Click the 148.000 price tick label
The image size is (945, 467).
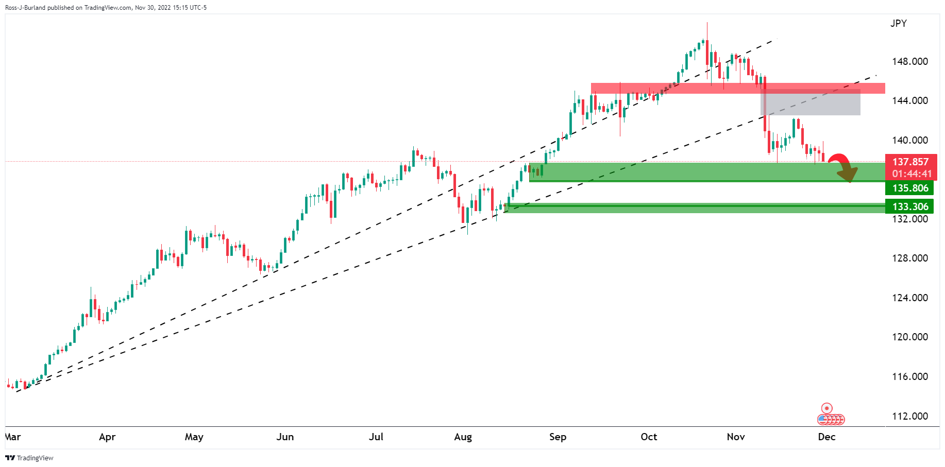point(909,61)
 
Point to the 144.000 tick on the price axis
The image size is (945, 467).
point(909,100)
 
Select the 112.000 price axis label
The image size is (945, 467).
point(909,416)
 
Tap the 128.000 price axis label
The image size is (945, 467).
point(909,258)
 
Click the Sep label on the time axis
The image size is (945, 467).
point(558,437)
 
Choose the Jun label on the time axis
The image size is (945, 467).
point(285,437)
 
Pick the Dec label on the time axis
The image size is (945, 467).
point(826,437)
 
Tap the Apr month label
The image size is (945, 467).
point(107,437)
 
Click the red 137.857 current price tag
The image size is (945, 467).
point(910,162)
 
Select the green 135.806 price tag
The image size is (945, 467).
point(910,188)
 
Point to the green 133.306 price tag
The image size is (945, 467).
point(910,206)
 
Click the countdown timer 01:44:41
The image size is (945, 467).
point(912,174)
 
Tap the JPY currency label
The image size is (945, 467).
point(898,23)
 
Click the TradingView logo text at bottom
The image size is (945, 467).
point(35,458)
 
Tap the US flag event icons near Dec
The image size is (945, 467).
point(831,420)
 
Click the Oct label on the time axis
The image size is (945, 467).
point(649,437)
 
